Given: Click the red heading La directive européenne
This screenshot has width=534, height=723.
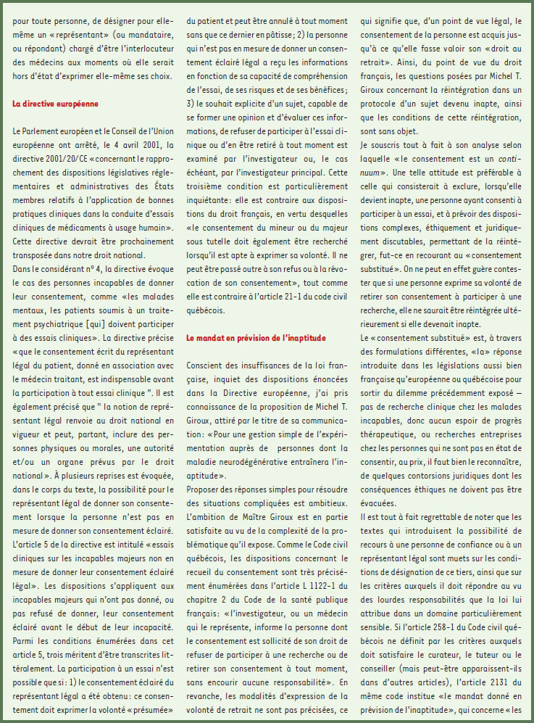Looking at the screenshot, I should pos(55,104).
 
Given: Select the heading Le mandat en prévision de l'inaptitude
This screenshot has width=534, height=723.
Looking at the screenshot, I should pos(256,338).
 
